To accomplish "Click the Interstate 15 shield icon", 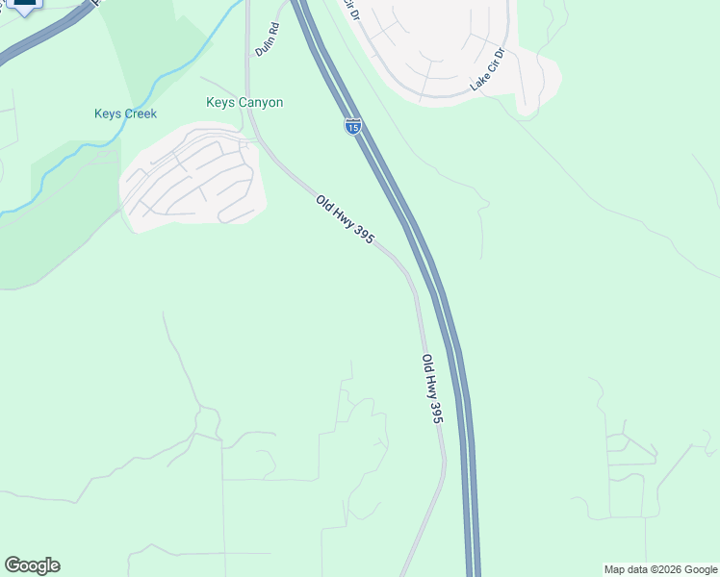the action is coord(353,126).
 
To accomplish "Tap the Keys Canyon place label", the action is coord(244,102).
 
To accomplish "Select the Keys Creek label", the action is coord(125,114).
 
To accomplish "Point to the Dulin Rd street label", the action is coord(267,39).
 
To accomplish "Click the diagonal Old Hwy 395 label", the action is coord(345,219).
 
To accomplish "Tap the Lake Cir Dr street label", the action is coord(488,69).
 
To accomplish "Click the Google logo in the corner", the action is coord(32,565).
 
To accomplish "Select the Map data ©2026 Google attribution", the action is coord(660,569).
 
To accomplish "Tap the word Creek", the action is coord(141,114).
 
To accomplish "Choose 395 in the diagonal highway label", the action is coord(362,233).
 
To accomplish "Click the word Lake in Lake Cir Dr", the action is coord(476,84).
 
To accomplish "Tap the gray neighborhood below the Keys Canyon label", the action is coord(193,178).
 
